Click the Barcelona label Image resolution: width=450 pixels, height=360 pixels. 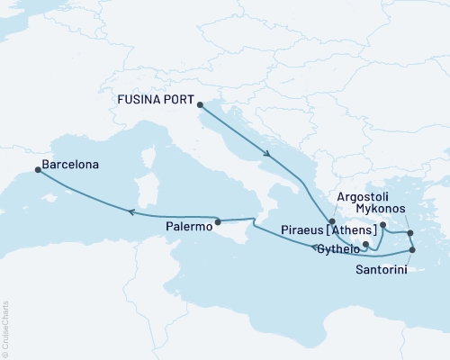70,166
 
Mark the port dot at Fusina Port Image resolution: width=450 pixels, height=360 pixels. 199,104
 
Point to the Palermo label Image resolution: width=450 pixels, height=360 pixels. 189,228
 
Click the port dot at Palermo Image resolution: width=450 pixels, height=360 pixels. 217,220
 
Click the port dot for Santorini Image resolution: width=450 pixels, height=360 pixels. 412,250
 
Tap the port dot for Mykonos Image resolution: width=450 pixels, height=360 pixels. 409,233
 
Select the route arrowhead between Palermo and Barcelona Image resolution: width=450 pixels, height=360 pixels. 131,212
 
